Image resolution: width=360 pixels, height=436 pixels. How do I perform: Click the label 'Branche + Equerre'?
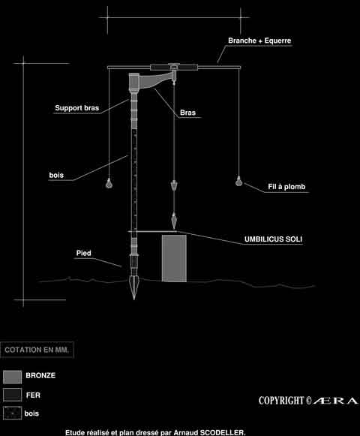pyautogui.click(x=259, y=41)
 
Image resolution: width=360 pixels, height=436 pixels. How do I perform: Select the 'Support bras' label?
pyautogui.click(x=77, y=108)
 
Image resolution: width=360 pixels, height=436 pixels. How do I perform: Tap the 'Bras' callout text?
pyautogui.click(x=188, y=113)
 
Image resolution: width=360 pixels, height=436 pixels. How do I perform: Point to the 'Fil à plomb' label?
pyautogui.click(x=286, y=187)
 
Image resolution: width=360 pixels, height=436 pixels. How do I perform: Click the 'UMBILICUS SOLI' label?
pyautogui.click(x=273, y=239)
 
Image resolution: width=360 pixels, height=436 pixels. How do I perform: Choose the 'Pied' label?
pyautogui.click(x=84, y=253)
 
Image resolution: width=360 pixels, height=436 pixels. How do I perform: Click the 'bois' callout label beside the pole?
pyautogui.click(x=56, y=175)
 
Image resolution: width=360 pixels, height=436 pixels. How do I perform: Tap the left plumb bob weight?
pyautogui.click(x=109, y=183)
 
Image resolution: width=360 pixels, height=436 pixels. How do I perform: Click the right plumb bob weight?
pyautogui.click(x=238, y=181)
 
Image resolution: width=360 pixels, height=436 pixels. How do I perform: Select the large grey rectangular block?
pyautogui.click(x=174, y=258)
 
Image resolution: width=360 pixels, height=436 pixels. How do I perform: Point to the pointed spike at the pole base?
pyautogui.click(x=134, y=288)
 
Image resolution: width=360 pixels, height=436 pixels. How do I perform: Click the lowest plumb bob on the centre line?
pyautogui.click(x=174, y=221)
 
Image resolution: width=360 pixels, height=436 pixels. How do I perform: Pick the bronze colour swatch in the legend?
pyautogui.click(x=12, y=377)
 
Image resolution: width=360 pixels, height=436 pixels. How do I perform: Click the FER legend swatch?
pyautogui.click(x=12, y=395)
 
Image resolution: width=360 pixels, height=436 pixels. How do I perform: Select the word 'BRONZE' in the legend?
pyautogui.click(x=40, y=375)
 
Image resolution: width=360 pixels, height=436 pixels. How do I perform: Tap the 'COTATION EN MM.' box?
pyautogui.click(x=37, y=350)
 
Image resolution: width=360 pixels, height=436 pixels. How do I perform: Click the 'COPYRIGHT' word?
pyautogui.click(x=281, y=401)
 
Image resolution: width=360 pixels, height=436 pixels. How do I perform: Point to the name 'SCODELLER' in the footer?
pyautogui.click(x=223, y=432)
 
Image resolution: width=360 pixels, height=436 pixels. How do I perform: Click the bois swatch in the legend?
pyautogui.click(x=12, y=413)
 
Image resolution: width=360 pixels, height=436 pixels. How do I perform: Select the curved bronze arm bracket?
pyautogui.click(x=156, y=80)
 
